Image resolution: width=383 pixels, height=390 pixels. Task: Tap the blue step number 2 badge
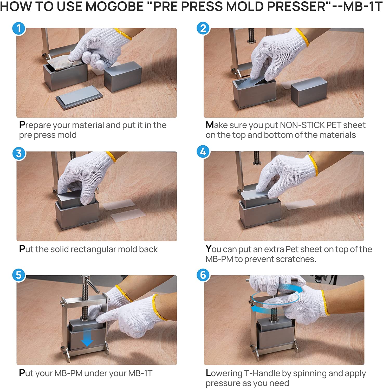click(203, 28)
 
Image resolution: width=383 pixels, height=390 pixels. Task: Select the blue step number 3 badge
click(19, 153)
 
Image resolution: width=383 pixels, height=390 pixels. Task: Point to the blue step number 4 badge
click(203, 152)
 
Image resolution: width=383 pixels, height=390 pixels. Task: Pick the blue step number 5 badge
click(19, 275)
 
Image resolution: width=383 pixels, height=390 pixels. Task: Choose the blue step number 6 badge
click(203, 275)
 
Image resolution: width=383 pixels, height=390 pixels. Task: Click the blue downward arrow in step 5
click(87, 337)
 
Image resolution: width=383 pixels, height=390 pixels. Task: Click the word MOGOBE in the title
click(114, 7)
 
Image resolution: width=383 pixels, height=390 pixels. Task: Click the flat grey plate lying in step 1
click(79, 97)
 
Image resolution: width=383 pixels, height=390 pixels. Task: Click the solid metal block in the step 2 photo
click(309, 92)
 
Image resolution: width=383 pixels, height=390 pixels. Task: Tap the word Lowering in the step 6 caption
click(224, 373)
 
